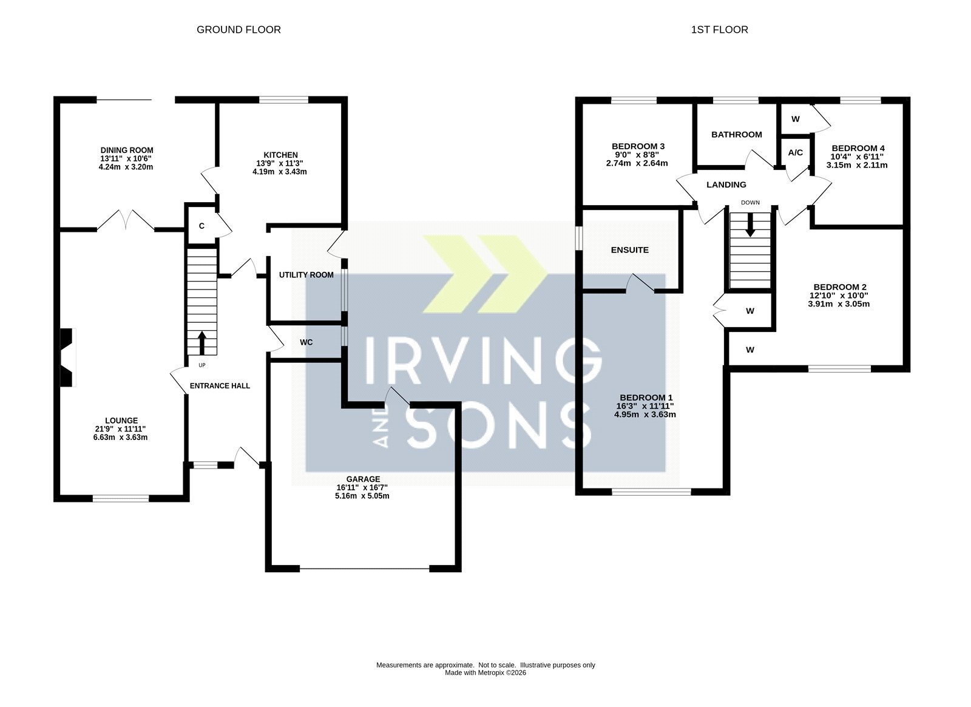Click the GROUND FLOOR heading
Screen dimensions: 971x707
pyautogui.click(x=239, y=30)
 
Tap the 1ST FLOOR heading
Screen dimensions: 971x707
pyautogui.click(x=719, y=30)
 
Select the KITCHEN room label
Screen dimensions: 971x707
pyautogui.click(x=280, y=155)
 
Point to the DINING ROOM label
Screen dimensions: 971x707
pyautogui.click(x=127, y=151)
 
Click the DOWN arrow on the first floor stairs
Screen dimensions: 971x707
pyautogui.click(x=750, y=225)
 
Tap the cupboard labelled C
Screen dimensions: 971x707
pyautogui.click(x=201, y=226)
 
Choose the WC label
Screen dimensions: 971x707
pyautogui.click(x=306, y=342)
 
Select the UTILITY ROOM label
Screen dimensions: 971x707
pyautogui.click(x=306, y=275)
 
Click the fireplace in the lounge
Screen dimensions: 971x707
pyautogui.click(x=67, y=357)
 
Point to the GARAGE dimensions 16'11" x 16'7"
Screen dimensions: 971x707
pyautogui.click(x=363, y=488)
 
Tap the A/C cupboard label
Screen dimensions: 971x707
pyautogui.click(x=796, y=152)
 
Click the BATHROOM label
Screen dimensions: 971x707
pyautogui.click(x=737, y=134)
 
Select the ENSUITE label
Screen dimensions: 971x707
pyautogui.click(x=629, y=249)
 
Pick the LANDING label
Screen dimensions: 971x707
pyautogui.click(x=726, y=184)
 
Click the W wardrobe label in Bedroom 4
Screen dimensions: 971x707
pyautogui.click(x=795, y=119)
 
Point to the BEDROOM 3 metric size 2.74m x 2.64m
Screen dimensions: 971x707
pyautogui.click(x=637, y=163)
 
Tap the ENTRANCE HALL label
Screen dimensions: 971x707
pyautogui.click(x=220, y=386)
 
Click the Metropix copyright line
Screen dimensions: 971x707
pyautogui.click(x=486, y=673)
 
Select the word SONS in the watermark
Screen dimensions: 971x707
pyautogui.click(x=499, y=425)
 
